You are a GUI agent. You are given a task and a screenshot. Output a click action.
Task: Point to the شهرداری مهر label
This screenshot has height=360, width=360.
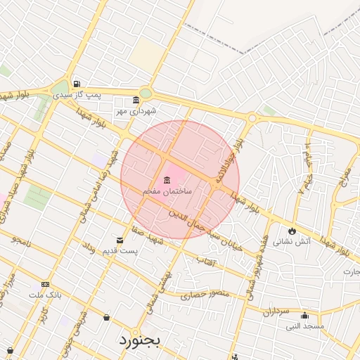tap(137, 111)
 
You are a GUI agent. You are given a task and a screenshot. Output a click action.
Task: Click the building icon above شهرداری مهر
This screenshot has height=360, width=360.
tap(136, 101)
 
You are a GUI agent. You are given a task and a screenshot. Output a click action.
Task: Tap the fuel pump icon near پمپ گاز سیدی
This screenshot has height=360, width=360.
tap(76, 82)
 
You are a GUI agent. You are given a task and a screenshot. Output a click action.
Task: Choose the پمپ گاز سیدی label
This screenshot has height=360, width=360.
tap(100, 94)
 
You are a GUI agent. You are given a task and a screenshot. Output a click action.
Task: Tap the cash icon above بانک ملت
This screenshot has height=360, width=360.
tap(46, 285)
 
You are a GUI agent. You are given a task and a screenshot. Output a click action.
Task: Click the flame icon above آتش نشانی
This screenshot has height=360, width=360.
tap(292, 231)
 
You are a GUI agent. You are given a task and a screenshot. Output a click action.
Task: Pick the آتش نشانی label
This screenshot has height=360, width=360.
tap(291, 241)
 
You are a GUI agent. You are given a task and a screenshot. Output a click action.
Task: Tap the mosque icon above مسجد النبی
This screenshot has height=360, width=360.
tap(304, 316)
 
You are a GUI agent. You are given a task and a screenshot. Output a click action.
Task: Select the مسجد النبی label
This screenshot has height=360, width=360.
tap(304, 326)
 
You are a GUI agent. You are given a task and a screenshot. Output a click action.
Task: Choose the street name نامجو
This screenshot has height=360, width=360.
tap(21, 240)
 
